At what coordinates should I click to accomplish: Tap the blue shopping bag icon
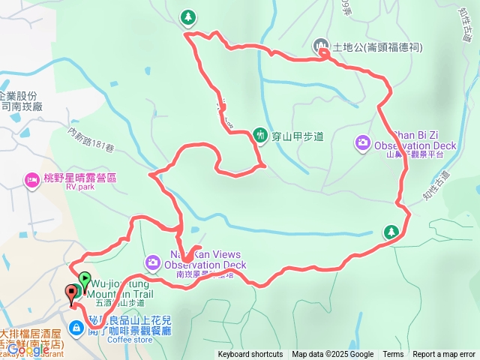(77, 328)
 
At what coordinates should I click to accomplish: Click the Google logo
(28, 349)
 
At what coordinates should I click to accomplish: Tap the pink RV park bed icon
(32, 180)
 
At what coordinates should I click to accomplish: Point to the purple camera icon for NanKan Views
(153, 262)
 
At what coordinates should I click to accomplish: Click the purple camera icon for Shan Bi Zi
(363, 142)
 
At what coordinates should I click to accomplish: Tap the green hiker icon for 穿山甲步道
(260, 135)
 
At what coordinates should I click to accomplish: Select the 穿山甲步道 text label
(297, 136)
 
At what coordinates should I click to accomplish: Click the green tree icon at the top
(187, 16)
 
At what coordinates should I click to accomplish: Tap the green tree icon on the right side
(391, 232)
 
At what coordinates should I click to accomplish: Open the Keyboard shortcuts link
(250, 355)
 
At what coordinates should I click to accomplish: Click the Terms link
(393, 355)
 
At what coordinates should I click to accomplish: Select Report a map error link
(444, 355)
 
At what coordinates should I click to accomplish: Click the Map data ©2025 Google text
(332, 355)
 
